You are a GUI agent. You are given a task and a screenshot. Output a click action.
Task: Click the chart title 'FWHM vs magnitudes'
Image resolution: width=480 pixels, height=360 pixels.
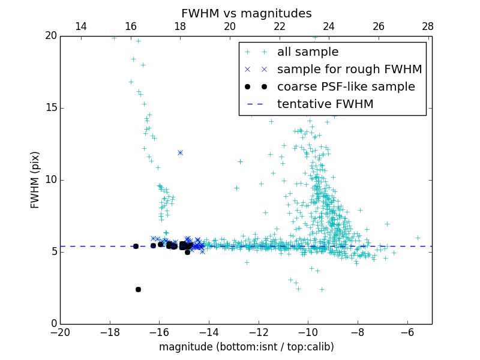click(x=246, y=13)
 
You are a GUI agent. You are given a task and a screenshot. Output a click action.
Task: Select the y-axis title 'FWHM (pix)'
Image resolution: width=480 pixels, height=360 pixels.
click(x=35, y=179)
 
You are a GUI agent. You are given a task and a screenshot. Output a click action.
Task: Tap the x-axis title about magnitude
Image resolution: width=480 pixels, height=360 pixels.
click(x=246, y=347)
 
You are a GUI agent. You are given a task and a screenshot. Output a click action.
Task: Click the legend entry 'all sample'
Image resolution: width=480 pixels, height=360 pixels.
click(x=308, y=52)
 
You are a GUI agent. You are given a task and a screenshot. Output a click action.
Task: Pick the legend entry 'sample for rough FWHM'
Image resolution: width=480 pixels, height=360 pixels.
click(x=349, y=69)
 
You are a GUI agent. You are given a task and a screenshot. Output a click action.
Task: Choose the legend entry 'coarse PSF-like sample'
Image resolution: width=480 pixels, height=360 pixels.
click(x=346, y=86)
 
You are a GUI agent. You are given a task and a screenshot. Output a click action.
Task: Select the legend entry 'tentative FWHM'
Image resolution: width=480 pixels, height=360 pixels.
click(x=325, y=104)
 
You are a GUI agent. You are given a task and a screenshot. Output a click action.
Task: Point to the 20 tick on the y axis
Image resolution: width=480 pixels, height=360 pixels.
click(x=50, y=36)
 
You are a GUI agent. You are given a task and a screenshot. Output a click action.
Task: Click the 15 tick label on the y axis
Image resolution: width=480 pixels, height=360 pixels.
click(x=50, y=108)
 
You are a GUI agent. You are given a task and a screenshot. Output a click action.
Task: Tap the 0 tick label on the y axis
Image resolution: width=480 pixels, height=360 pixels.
click(x=53, y=324)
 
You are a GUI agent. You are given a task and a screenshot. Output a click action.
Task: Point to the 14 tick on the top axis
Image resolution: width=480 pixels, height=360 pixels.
click(x=80, y=26)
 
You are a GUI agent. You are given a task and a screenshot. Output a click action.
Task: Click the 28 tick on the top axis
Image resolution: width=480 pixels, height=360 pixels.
click(x=428, y=26)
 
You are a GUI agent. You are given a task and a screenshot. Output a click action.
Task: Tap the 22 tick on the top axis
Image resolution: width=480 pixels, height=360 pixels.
click(x=279, y=26)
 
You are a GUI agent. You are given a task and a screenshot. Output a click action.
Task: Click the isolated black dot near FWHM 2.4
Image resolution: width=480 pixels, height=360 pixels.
click(x=138, y=289)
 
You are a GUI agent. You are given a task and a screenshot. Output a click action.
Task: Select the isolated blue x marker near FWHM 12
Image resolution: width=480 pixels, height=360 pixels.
click(x=180, y=152)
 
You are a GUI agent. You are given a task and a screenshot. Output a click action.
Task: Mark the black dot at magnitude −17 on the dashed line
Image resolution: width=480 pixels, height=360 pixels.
click(x=136, y=246)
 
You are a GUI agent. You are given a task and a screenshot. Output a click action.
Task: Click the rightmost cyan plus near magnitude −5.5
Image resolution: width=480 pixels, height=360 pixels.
click(x=418, y=238)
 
